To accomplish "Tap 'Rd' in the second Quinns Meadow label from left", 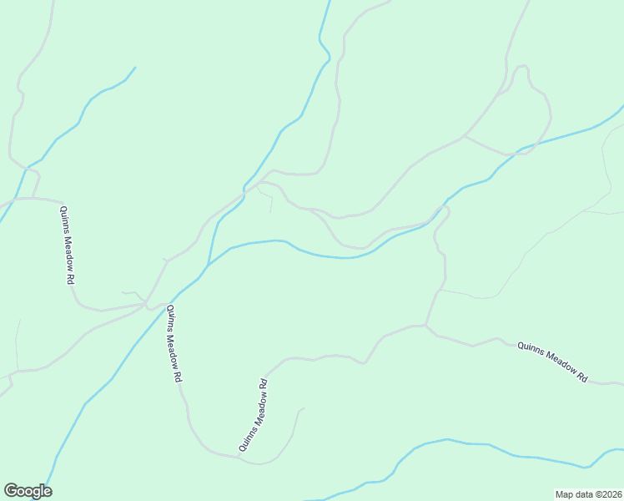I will [x=178, y=375].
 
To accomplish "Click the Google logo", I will [x=28, y=491].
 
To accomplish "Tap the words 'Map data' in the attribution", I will [x=574, y=494].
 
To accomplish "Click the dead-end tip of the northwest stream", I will [x=135, y=67].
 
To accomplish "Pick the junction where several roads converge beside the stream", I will [x=148, y=304].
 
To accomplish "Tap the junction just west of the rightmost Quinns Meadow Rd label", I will [x=426, y=326].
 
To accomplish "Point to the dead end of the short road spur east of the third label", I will [x=304, y=408].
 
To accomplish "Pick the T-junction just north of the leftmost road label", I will [x=34, y=199].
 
